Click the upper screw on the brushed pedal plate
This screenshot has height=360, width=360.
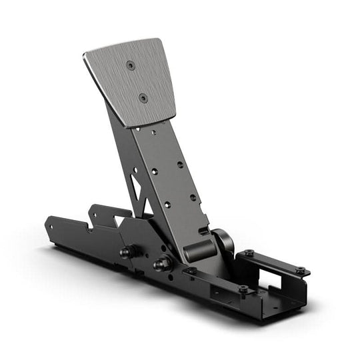pyautogui.click(x=131, y=66)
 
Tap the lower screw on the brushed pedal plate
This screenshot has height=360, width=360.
pyautogui.click(x=143, y=97)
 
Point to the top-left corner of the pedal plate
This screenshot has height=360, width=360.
pyautogui.click(x=85, y=55)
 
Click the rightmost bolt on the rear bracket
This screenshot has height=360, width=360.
pyautogui.click(x=301, y=270)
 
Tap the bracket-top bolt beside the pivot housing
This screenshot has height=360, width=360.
pyautogui.click(x=248, y=253)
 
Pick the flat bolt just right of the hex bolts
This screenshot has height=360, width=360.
pyautogui.click(x=191, y=271)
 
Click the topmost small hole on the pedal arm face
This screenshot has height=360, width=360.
pyautogui.click(x=154, y=133)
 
